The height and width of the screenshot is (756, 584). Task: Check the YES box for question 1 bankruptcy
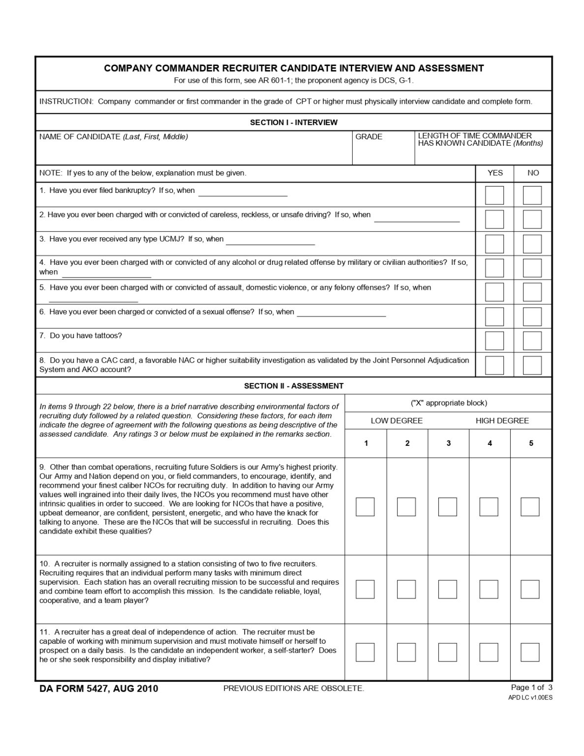[494, 195]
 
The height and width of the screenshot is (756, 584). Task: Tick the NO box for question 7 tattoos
[532, 341]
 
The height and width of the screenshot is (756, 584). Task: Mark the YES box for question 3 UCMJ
[494, 244]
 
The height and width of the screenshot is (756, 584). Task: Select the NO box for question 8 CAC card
[532, 365]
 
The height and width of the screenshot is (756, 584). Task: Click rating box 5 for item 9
[530, 507]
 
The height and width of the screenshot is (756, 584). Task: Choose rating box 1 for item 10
[365, 589]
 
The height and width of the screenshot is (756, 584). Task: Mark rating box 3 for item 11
[447, 652]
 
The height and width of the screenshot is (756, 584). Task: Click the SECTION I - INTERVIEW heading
[294, 123]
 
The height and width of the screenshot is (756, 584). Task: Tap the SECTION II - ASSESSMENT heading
[294, 386]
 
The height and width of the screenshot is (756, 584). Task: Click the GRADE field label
[369, 137]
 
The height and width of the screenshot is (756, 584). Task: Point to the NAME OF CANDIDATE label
[113, 137]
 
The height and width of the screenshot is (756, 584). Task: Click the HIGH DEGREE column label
[502, 421]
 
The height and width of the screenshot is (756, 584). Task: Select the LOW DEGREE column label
[397, 421]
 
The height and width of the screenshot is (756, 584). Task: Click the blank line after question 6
[341, 315]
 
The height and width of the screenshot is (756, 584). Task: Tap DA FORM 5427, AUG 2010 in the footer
[99, 689]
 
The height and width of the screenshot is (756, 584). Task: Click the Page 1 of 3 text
[532, 688]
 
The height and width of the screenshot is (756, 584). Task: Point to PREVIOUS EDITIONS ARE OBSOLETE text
[294, 689]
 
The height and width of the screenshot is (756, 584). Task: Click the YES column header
[495, 173]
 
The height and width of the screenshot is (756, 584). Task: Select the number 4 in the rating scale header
[490, 443]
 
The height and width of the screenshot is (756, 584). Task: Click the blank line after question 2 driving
[417, 221]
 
